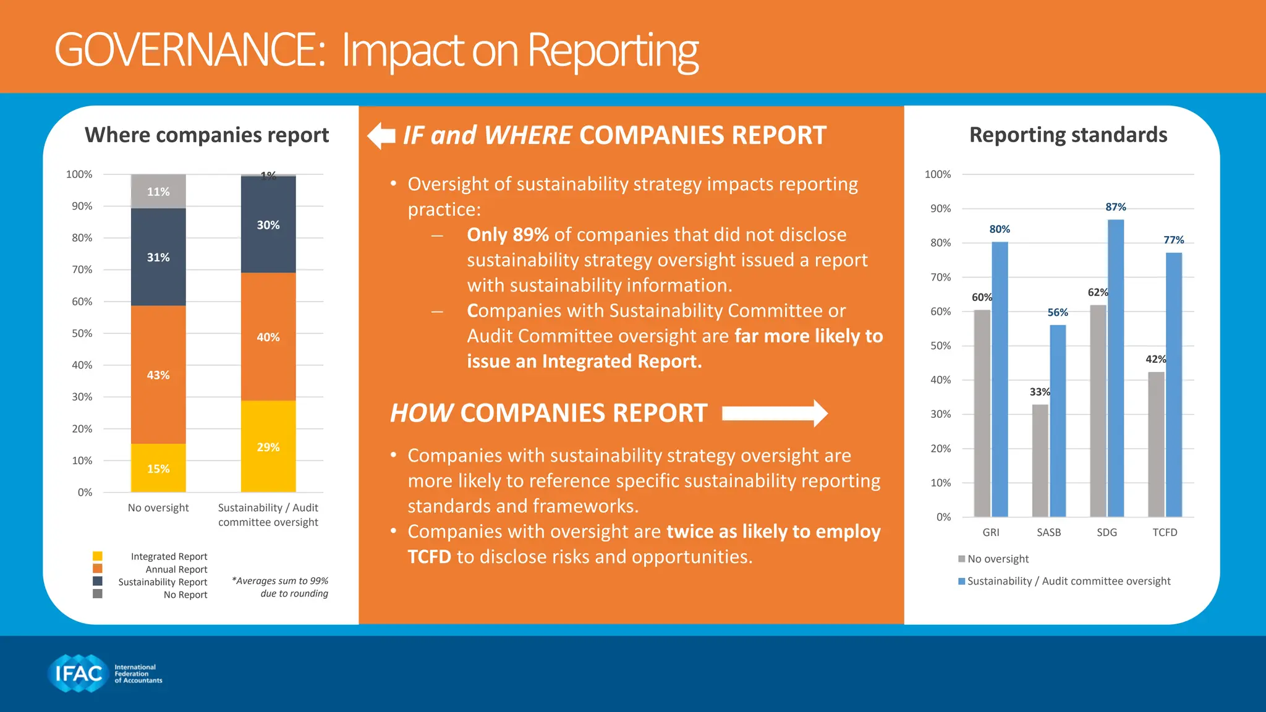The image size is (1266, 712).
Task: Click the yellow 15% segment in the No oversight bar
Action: (158, 468)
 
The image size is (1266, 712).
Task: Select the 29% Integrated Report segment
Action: (268, 446)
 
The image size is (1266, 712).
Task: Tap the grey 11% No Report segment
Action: (158, 191)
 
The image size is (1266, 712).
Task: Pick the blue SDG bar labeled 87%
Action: (1116, 368)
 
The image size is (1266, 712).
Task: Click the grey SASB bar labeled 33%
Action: (1040, 460)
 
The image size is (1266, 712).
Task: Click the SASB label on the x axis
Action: (1048, 532)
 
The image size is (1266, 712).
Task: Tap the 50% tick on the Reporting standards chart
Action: (940, 345)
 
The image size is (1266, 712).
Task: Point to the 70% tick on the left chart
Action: (82, 269)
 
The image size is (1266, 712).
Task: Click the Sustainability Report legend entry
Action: (162, 582)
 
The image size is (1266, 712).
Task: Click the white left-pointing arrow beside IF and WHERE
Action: (381, 136)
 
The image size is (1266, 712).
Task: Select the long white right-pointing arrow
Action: (775, 413)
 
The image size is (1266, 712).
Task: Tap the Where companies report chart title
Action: (206, 135)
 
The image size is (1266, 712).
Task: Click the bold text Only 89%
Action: (508, 235)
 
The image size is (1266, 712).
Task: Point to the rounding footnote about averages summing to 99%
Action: (281, 587)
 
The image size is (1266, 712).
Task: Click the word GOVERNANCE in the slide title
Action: (189, 50)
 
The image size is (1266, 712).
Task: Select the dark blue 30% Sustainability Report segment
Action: (268, 225)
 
